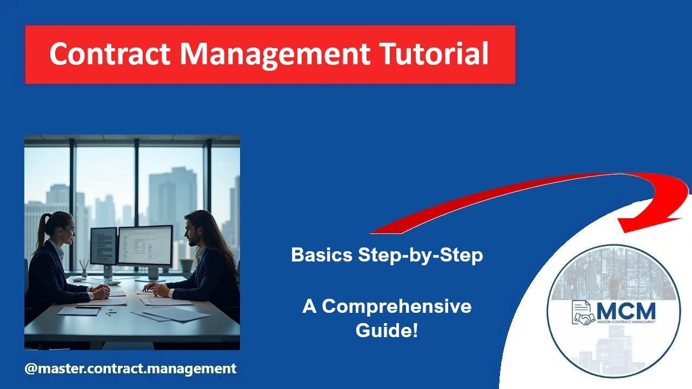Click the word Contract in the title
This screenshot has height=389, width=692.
click(x=109, y=54)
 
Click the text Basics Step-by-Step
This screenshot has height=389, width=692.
click(x=387, y=255)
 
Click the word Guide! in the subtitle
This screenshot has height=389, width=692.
click(x=387, y=330)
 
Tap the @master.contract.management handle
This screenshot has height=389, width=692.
click(x=130, y=369)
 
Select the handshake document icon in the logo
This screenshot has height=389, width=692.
click(x=583, y=313)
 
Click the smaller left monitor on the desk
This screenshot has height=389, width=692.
click(x=103, y=246)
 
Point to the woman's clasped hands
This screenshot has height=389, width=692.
click(x=101, y=292)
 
